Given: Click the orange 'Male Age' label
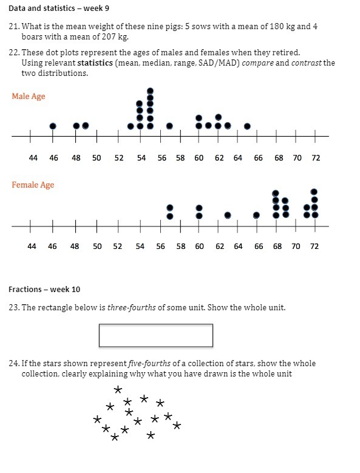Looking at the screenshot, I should (x=28, y=97).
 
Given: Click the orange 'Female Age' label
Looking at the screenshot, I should (x=33, y=185).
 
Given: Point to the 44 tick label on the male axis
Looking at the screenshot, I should (x=33, y=158).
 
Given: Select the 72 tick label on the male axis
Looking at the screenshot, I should (x=316, y=158).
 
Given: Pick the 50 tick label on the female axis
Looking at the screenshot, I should (x=97, y=247).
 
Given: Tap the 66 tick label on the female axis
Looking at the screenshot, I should (x=259, y=247).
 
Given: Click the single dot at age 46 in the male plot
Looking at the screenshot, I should (x=53, y=126).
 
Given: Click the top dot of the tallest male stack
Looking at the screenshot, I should (x=150, y=91).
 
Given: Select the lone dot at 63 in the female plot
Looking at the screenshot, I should (x=228, y=215).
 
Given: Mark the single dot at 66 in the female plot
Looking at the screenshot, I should (x=256, y=215).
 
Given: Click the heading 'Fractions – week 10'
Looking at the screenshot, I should (x=44, y=290).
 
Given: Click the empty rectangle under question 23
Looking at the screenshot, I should (x=155, y=335).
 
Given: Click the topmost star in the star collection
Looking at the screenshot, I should (x=118, y=390).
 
